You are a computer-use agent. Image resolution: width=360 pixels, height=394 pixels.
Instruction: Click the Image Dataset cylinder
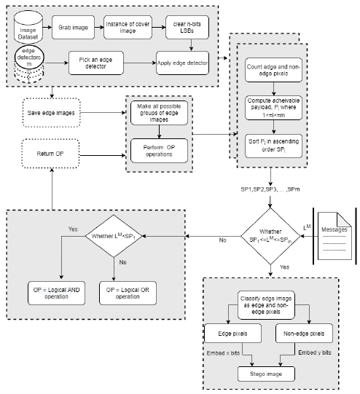[28, 27]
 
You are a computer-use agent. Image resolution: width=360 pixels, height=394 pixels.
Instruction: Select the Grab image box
[73, 27]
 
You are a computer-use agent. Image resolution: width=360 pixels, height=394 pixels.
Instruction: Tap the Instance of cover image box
[128, 27]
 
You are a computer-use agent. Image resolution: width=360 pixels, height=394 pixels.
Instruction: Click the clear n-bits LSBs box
[187, 27]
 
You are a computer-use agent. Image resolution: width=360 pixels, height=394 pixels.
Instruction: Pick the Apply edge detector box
[182, 63]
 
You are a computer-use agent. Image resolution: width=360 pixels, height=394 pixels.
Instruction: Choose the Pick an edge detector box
[95, 63]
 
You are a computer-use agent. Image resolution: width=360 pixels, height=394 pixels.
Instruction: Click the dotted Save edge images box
[51, 113]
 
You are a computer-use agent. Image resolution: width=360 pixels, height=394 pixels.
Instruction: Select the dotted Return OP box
[50, 154]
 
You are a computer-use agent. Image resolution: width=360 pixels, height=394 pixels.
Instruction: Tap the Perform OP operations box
[159, 151]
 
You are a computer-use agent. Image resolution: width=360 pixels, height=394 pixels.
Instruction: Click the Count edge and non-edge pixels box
[273, 70]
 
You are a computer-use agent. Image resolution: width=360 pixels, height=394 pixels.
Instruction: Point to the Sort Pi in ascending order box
[273, 146]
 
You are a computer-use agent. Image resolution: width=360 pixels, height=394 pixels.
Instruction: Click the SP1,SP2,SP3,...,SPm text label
[270, 189]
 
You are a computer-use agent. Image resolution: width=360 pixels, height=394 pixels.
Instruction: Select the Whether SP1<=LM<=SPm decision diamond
[270, 236]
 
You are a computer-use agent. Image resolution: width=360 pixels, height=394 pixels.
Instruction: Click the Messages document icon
[334, 236]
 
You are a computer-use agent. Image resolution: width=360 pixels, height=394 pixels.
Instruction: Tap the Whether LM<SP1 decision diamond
[114, 236]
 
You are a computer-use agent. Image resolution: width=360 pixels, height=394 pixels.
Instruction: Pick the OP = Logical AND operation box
[56, 293]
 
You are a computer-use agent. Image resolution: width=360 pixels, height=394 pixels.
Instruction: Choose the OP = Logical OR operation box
[128, 293]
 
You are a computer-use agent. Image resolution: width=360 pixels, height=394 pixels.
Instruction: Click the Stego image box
[266, 374]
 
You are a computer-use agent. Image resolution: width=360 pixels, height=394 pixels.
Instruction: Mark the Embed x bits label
[223, 353]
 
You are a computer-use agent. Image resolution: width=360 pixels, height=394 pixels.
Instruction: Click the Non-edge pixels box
[304, 334]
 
